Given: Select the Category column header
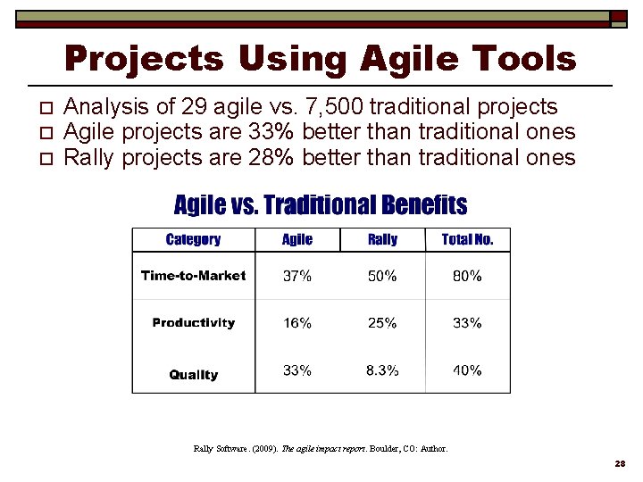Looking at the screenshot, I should pyautogui.click(x=193, y=239).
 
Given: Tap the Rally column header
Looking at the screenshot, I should pyautogui.click(x=382, y=239).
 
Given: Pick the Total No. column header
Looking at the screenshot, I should pyautogui.click(x=467, y=239).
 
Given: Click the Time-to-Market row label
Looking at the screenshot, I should pyautogui.click(x=193, y=276).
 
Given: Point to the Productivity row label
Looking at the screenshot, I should pyautogui.click(x=193, y=323).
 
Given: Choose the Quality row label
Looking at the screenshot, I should pyautogui.click(x=193, y=375).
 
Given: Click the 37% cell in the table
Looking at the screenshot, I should pyautogui.click(x=297, y=277).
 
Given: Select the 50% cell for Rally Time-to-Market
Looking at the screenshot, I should pyautogui.click(x=382, y=277).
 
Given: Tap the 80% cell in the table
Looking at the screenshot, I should pyautogui.click(x=467, y=277).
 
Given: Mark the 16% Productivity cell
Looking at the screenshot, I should pyautogui.click(x=297, y=323).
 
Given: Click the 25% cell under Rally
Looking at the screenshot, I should pyautogui.click(x=382, y=323).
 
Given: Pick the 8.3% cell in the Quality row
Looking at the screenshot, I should pyautogui.click(x=382, y=370).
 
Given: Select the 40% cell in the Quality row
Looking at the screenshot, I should pyautogui.click(x=467, y=370).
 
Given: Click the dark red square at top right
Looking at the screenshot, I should pyautogui.click(x=618, y=16).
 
